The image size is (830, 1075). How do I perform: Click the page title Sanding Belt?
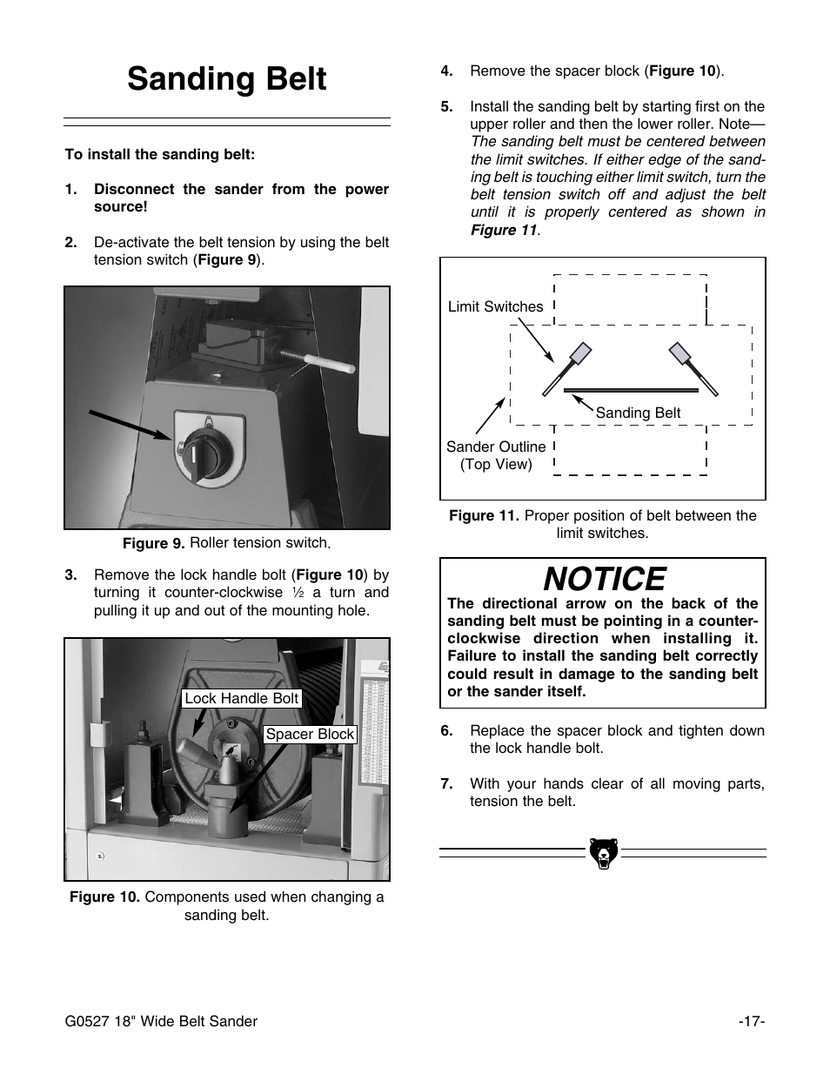click(x=226, y=79)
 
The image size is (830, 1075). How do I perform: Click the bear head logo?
click(x=602, y=853)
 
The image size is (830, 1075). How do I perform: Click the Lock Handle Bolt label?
click(x=241, y=698)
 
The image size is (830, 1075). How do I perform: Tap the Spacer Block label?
click(x=310, y=734)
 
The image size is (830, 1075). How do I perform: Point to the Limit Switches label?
click(x=495, y=306)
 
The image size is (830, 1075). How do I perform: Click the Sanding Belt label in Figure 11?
click(x=638, y=413)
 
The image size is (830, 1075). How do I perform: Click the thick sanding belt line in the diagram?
click(x=631, y=390)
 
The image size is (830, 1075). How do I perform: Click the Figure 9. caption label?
click(x=154, y=544)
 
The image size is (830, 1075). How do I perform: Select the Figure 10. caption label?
click(x=104, y=897)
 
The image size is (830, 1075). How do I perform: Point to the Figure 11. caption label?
click(x=484, y=515)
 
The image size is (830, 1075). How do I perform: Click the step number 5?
click(x=446, y=106)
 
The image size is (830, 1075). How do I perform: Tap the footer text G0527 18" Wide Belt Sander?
click(x=161, y=1021)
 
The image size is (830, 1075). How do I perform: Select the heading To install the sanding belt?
click(x=160, y=154)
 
